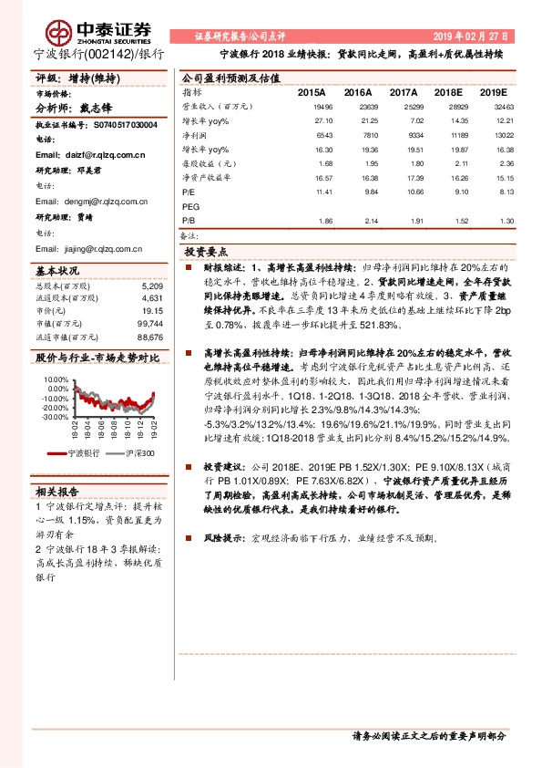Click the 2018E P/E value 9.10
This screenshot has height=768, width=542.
(446, 192)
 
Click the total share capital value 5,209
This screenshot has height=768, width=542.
(152, 286)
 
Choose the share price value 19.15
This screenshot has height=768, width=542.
(152, 311)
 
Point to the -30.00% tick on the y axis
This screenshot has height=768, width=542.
(55, 417)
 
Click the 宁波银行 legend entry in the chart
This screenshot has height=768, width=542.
(84, 453)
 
